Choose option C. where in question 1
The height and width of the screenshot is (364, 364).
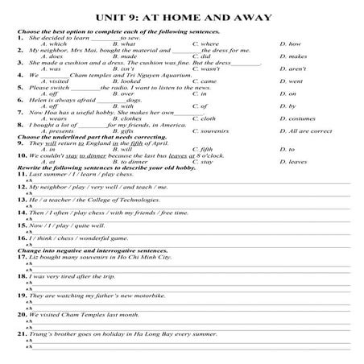pyautogui.click(x=205, y=43)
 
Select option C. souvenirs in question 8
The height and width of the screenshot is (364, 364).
pyautogui.click(x=213, y=130)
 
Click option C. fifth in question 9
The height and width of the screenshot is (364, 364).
pyautogui.click(x=205, y=149)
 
